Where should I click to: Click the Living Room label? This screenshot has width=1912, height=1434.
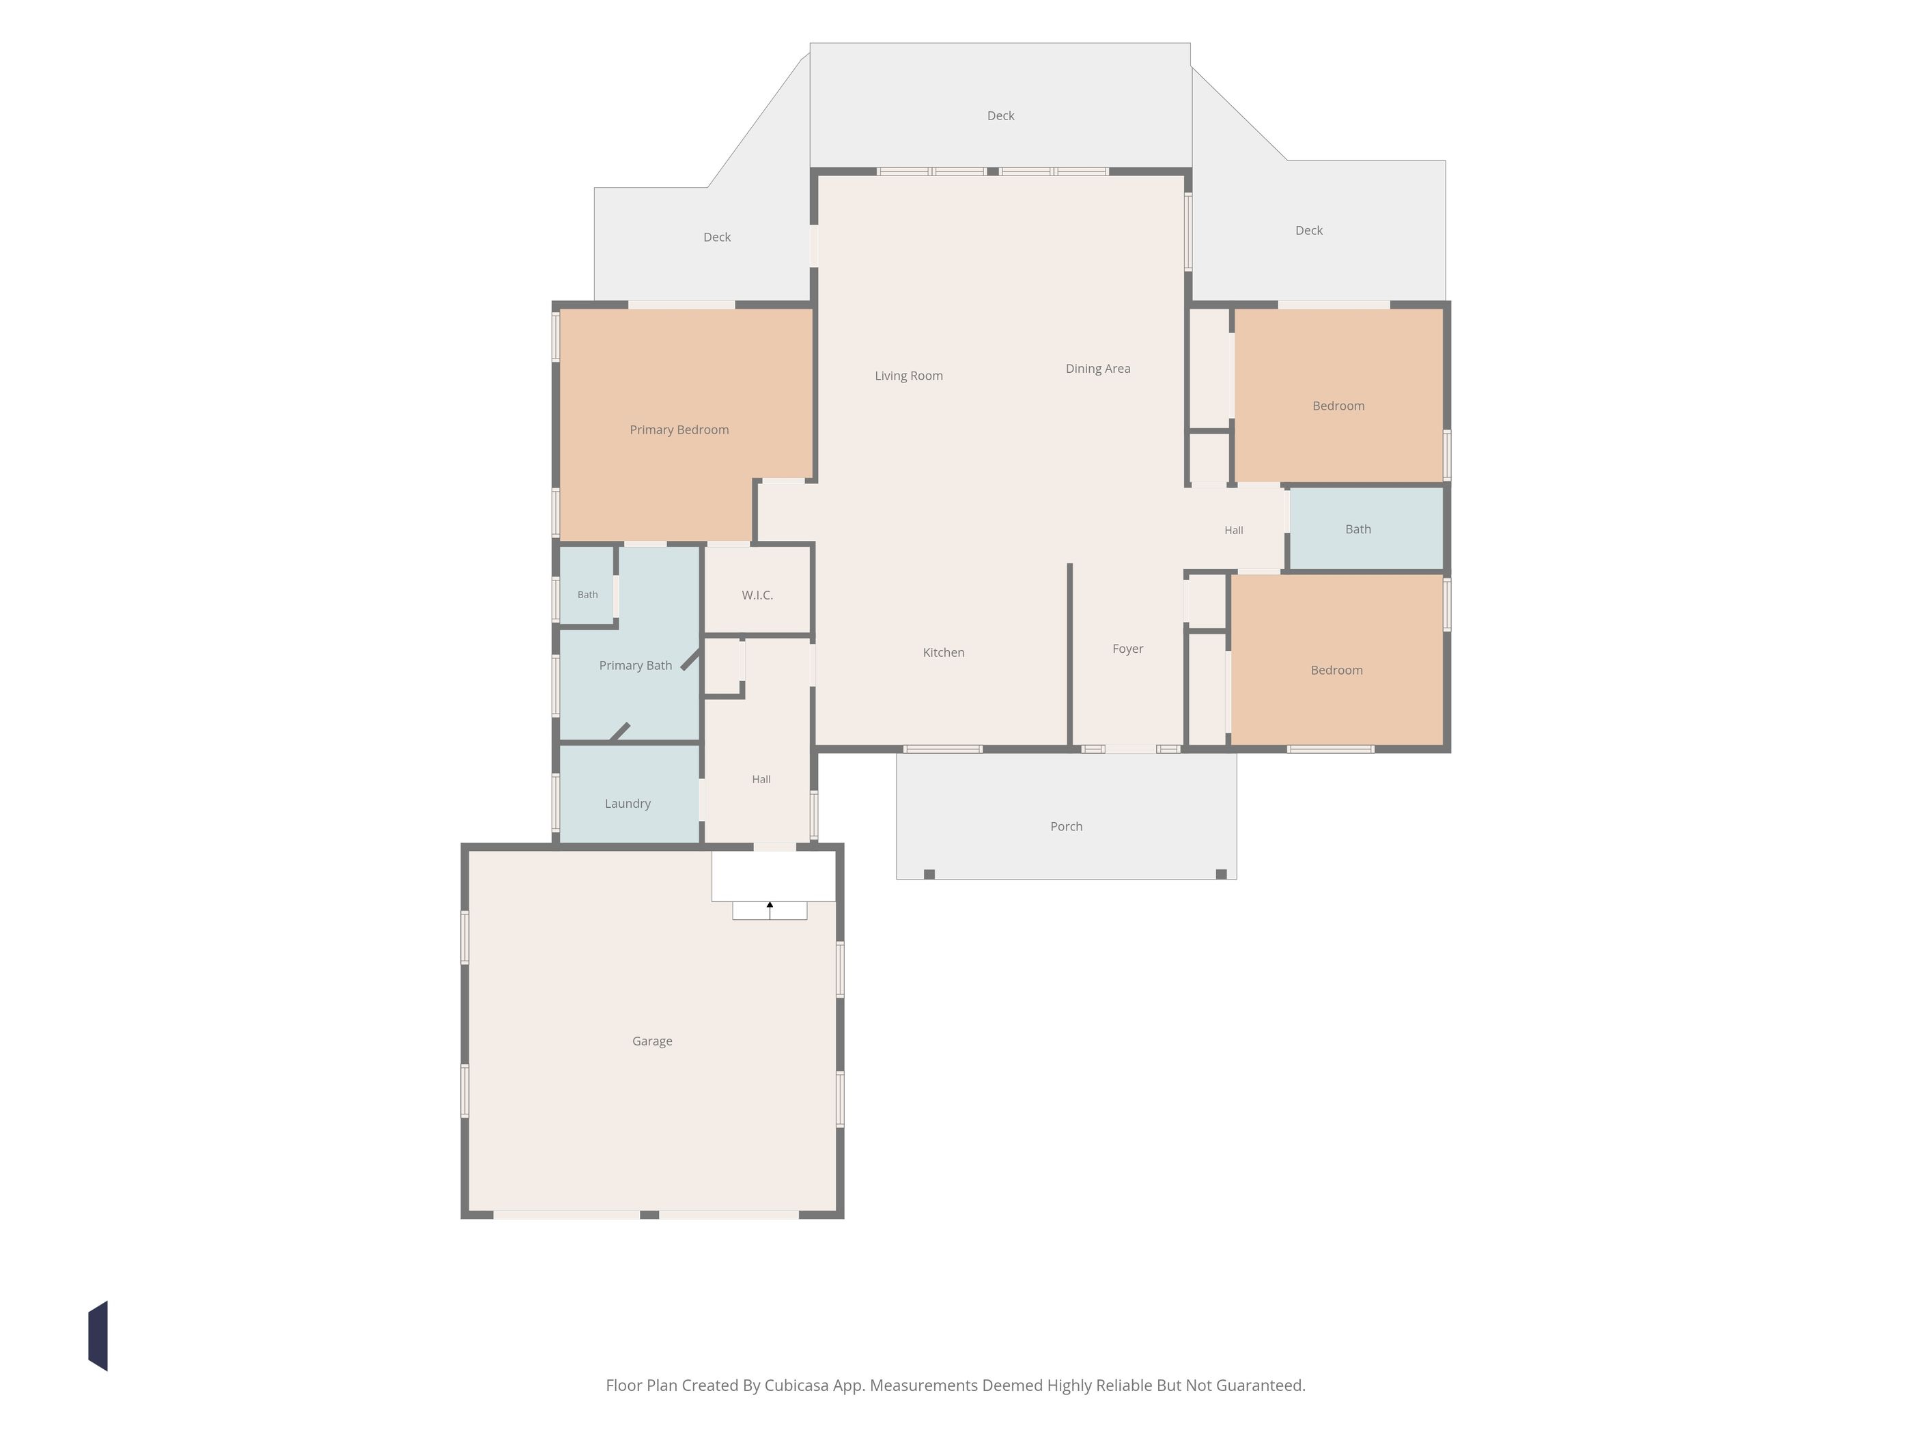click(908, 376)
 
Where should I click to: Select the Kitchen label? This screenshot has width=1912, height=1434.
click(943, 653)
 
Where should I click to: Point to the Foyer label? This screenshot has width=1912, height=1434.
click(1127, 649)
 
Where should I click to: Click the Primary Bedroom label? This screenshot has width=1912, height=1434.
click(679, 430)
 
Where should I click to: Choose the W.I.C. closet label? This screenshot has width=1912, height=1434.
click(757, 595)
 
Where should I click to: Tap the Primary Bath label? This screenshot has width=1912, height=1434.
click(635, 666)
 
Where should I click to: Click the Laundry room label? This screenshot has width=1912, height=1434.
click(628, 804)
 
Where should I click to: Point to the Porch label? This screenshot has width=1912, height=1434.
click(1066, 826)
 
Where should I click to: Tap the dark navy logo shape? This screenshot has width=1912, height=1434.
click(98, 1336)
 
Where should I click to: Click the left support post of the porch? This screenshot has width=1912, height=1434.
click(929, 874)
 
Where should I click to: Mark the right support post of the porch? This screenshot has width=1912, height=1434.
click(1222, 874)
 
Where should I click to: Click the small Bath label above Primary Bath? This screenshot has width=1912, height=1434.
click(588, 595)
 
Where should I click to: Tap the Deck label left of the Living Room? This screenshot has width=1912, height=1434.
click(716, 237)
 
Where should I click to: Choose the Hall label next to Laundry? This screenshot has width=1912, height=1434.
click(761, 780)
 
